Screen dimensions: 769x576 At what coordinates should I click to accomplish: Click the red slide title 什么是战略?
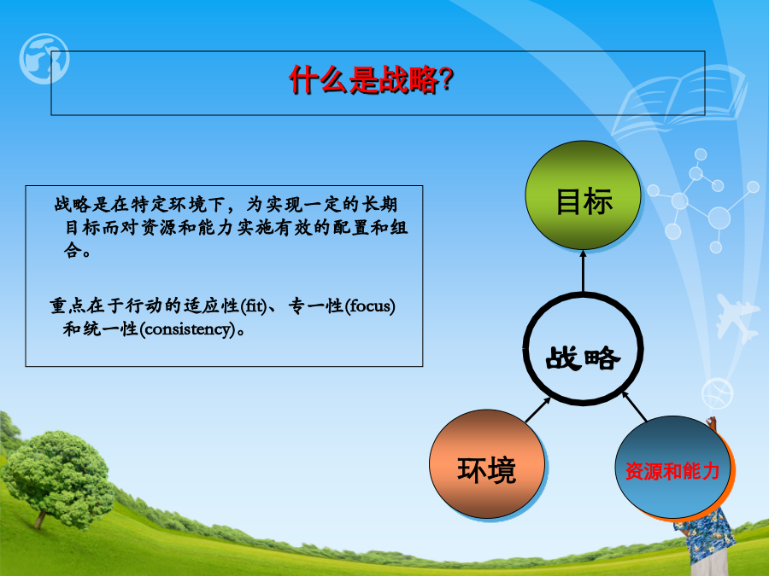pyautogui.click(x=372, y=79)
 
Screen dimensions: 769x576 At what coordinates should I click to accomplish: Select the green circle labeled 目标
pyautogui.click(x=583, y=195)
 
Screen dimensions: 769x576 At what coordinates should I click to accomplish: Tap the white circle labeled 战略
pyautogui.click(x=583, y=349)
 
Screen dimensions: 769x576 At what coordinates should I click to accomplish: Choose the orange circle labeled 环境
pyautogui.click(x=487, y=464)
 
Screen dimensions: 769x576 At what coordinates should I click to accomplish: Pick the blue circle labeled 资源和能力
pyautogui.click(x=672, y=468)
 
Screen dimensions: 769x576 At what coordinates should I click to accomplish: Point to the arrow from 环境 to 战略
pyautogui.click(x=538, y=410)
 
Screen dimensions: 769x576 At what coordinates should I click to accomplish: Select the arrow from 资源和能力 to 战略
pyautogui.click(x=634, y=406)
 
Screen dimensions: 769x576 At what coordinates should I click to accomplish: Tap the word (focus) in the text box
pyautogui.click(x=370, y=306)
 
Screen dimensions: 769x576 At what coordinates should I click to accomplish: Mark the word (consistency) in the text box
pyautogui.click(x=187, y=329)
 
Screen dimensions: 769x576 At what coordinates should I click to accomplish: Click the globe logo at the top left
pyautogui.click(x=44, y=59)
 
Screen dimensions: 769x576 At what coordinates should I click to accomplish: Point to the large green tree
pyautogui.click(x=56, y=478)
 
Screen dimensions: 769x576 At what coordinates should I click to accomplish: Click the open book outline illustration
pyautogui.click(x=679, y=101)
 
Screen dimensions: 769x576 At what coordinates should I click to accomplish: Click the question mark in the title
pyautogui.click(x=446, y=79)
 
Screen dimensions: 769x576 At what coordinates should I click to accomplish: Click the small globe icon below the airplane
pyautogui.click(x=718, y=393)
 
